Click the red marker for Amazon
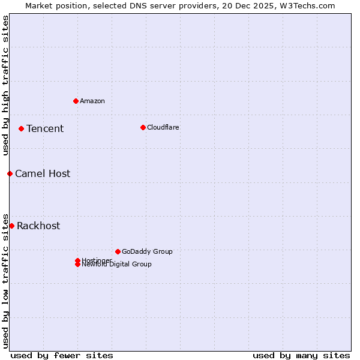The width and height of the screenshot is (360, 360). tap(76, 101)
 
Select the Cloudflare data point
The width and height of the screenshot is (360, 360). tap(143, 127)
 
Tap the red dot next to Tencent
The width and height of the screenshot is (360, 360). tap(21, 128)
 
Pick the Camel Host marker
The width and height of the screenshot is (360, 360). tap(10, 173)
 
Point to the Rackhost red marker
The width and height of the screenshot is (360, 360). tap(11, 226)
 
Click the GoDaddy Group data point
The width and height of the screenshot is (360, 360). tap(118, 251)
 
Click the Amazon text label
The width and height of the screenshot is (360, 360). tap(92, 101)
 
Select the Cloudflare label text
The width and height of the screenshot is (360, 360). tap(163, 127)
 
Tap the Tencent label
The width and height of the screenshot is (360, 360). tap(45, 128)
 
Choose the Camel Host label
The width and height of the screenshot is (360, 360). tap(43, 173)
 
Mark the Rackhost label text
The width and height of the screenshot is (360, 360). tap(38, 226)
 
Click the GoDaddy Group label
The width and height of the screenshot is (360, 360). tap(147, 251)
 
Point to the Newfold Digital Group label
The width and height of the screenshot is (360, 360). tap(117, 265)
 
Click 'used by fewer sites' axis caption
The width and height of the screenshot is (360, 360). tap(62, 355)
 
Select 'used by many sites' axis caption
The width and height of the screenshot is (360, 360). tap(301, 355)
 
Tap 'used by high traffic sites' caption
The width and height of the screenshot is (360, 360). tap(5, 85)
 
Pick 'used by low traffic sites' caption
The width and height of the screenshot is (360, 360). tap(5, 281)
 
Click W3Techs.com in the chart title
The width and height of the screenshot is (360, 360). tap(308, 5)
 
